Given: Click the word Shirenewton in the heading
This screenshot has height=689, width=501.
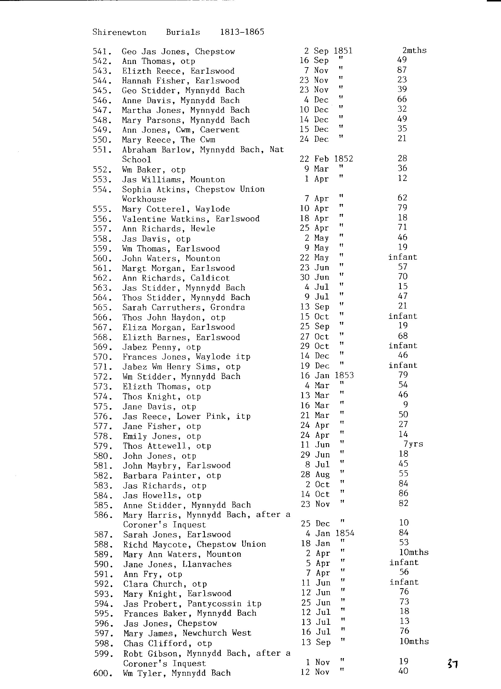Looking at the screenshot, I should (119, 32).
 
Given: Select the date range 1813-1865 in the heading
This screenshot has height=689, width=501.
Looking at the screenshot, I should (242, 32).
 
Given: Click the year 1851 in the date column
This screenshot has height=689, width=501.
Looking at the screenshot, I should (343, 50).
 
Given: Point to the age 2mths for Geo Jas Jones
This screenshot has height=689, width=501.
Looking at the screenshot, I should (414, 50).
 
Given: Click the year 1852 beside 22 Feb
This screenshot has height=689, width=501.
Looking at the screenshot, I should (343, 159).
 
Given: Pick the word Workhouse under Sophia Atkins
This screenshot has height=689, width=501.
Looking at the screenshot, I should (144, 199).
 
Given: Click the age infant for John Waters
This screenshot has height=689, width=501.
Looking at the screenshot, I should (403, 257).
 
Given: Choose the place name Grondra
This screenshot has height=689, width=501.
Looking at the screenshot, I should (228, 307).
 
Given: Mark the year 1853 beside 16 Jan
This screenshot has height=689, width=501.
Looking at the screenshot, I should (344, 375).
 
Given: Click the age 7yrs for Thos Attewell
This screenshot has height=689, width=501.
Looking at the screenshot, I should (413, 444).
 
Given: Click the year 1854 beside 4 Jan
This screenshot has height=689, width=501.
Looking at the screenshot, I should (345, 533).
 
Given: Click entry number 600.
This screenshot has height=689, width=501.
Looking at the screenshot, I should (103, 673).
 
